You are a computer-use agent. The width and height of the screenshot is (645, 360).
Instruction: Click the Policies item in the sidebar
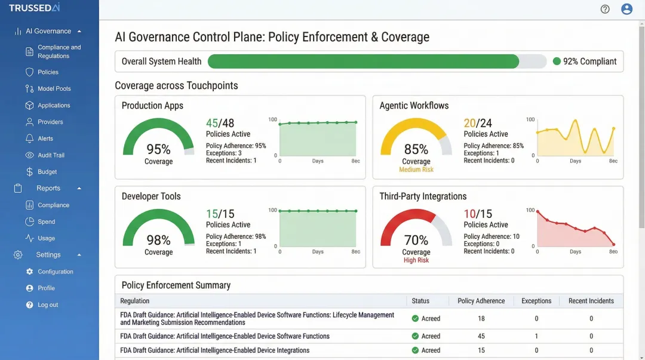click(x=48, y=72)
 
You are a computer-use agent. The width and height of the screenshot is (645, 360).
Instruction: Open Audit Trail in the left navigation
click(x=51, y=155)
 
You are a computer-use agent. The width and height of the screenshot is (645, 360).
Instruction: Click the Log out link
click(x=48, y=305)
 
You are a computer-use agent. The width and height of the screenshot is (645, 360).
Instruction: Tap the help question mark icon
click(x=605, y=9)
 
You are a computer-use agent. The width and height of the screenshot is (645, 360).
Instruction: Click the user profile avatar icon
click(x=626, y=9)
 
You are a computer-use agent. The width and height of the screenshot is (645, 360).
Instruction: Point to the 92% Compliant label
click(x=589, y=61)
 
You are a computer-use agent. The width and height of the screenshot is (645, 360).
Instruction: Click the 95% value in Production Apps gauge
click(x=158, y=149)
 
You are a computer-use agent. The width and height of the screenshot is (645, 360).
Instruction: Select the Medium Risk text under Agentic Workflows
click(x=416, y=170)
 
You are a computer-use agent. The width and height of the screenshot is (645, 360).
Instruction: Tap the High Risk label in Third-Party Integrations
click(x=416, y=260)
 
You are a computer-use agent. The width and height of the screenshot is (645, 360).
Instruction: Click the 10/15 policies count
click(x=478, y=214)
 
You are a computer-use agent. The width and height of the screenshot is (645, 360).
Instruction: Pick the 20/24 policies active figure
click(x=478, y=123)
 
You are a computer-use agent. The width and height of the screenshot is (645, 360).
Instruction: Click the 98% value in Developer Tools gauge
click(x=158, y=240)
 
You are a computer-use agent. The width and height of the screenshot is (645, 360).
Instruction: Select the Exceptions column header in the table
click(x=536, y=301)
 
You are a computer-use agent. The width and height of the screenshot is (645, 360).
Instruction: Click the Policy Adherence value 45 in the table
click(x=481, y=336)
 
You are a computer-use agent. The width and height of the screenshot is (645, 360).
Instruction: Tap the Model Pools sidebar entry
click(x=54, y=89)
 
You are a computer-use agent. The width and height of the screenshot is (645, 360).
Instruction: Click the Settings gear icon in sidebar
click(x=18, y=255)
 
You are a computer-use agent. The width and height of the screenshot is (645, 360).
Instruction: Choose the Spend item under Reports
click(x=47, y=222)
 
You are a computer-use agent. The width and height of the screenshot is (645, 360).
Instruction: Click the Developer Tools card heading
click(x=151, y=196)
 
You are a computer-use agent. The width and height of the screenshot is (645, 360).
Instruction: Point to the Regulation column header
click(x=135, y=301)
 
